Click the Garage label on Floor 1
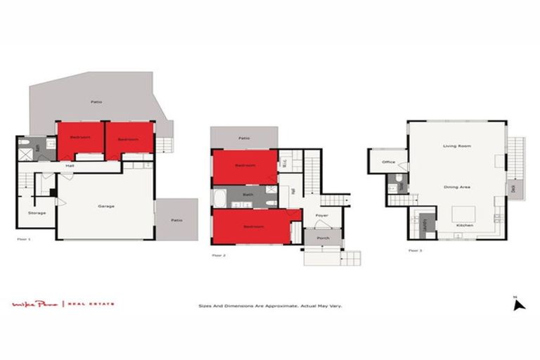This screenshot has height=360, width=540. point(106,206)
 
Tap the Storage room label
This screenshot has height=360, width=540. point(37,212)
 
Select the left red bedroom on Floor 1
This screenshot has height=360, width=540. point(80,139)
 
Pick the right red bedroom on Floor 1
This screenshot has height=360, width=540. point(129,139)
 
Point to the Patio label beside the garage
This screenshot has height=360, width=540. point(176,220)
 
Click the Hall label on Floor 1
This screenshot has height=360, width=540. point(70,166)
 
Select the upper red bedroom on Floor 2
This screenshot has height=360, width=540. point(244,166)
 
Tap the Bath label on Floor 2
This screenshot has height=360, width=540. point(247,195)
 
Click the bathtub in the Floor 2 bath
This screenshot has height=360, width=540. point(219,196)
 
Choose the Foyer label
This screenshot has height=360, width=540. point(321,215)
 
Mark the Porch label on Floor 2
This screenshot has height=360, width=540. point(323,238)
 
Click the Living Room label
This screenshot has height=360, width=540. point(456,146)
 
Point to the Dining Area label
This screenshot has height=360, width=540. point(457,187)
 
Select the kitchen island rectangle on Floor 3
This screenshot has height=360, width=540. point(463,213)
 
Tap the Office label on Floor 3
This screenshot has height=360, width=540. point(388,162)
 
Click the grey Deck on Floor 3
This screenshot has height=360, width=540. point(514,188)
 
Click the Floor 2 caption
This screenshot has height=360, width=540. point(219,255)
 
